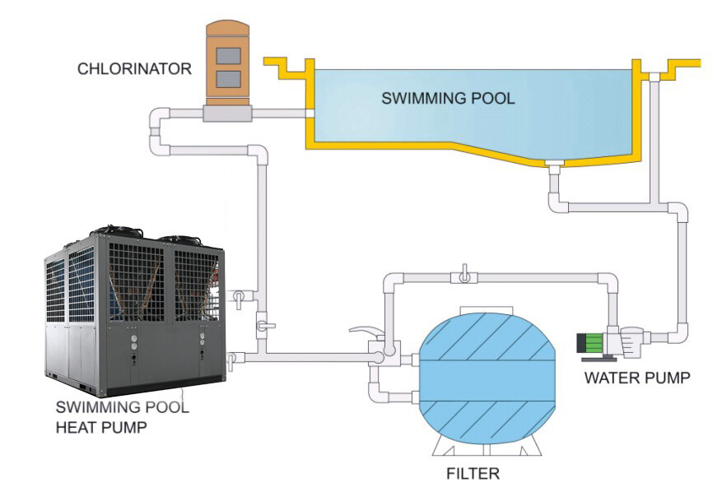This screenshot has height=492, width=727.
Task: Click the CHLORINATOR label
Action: click(x=134, y=68)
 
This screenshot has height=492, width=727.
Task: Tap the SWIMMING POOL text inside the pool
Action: click(x=448, y=99)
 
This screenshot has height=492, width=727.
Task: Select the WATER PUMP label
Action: click(x=636, y=378)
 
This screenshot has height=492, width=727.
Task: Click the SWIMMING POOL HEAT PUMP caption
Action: click(x=121, y=416)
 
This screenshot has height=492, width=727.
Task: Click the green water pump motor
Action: click(x=594, y=344)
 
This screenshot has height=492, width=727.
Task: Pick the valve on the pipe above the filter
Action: click(x=465, y=275)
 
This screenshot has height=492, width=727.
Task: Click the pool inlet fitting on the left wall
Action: click(x=310, y=114)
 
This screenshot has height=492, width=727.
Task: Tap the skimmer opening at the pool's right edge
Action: click(x=654, y=77)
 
